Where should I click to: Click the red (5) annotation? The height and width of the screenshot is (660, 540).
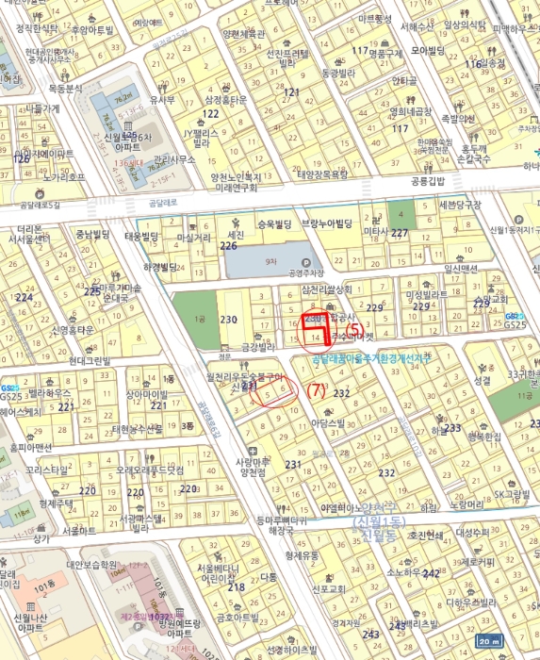[x=354, y=328]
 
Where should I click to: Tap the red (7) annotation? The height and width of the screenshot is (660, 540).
[x=317, y=388]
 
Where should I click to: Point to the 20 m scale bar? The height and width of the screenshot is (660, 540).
[x=515, y=641]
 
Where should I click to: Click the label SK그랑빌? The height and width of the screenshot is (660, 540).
[x=486, y=494]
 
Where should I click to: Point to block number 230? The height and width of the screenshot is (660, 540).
[x=228, y=321]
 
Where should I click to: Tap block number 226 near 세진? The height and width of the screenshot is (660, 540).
[x=228, y=246]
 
